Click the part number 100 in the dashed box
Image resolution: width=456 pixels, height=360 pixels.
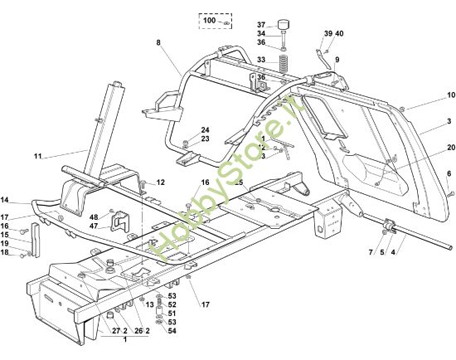pos(209,19)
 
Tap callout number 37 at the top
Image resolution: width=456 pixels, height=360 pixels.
pos(260,24)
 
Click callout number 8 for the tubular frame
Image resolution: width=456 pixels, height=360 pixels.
pos(157,41)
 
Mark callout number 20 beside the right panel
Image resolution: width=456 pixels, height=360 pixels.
pos(450,147)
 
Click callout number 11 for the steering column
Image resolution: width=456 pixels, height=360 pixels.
pos(37,155)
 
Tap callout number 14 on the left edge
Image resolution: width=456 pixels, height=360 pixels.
pos(5,201)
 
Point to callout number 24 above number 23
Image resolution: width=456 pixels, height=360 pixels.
pos(205,129)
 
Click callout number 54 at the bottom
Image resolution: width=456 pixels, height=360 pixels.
pos(172,331)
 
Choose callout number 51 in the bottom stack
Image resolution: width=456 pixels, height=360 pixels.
pos(172,313)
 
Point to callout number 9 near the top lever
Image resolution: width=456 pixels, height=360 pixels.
pos(337,59)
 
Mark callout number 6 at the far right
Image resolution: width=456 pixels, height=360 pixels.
pos(449,173)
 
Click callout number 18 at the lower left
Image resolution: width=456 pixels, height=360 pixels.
pos(5,252)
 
